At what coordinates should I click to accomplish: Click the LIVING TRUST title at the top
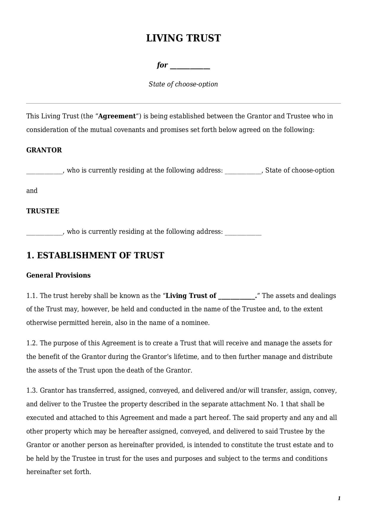coord(183,38)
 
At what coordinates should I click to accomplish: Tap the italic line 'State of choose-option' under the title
coord(183,84)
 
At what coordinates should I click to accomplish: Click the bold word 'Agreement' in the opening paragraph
coord(117,116)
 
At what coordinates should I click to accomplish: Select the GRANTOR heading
coord(44,150)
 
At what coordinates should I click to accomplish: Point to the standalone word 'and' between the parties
coord(32,191)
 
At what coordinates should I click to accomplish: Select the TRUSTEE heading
coord(43,211)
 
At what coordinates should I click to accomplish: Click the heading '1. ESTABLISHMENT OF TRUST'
coord(95,255)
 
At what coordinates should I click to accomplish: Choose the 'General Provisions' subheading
coord(59,275)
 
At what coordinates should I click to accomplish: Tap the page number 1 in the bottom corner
coord(339,498)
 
